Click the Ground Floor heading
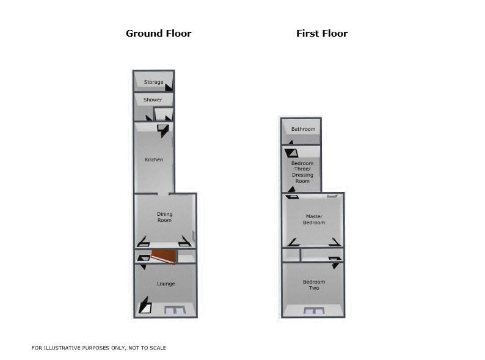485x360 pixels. [x=158, y=34]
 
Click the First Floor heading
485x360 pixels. [x=322, y=34]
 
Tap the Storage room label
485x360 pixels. [x=153, y=82]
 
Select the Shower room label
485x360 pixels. [x=153, y=100]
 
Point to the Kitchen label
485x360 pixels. [x=154, y=160]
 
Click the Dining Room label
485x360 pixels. [x=164, y=217]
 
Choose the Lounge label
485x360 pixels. [x=166, y=284]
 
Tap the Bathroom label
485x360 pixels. [x=303, y=129]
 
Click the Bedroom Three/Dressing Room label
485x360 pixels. [x=302, y=172]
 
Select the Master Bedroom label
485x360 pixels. [x=314, y=219]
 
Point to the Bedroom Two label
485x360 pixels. [x=314, y=285]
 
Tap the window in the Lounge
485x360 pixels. [x=175, y=310]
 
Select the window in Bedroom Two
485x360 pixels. [x=314, y=310]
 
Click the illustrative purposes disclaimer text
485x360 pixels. [x=99, y=348]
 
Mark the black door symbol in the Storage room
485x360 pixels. [x=169, y=87]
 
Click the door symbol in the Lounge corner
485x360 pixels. [x=145, y=305]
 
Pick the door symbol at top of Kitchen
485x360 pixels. [x=163, y=131]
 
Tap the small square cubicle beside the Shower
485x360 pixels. [x=164, y=114]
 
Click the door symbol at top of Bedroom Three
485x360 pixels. [x=291, y=153]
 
